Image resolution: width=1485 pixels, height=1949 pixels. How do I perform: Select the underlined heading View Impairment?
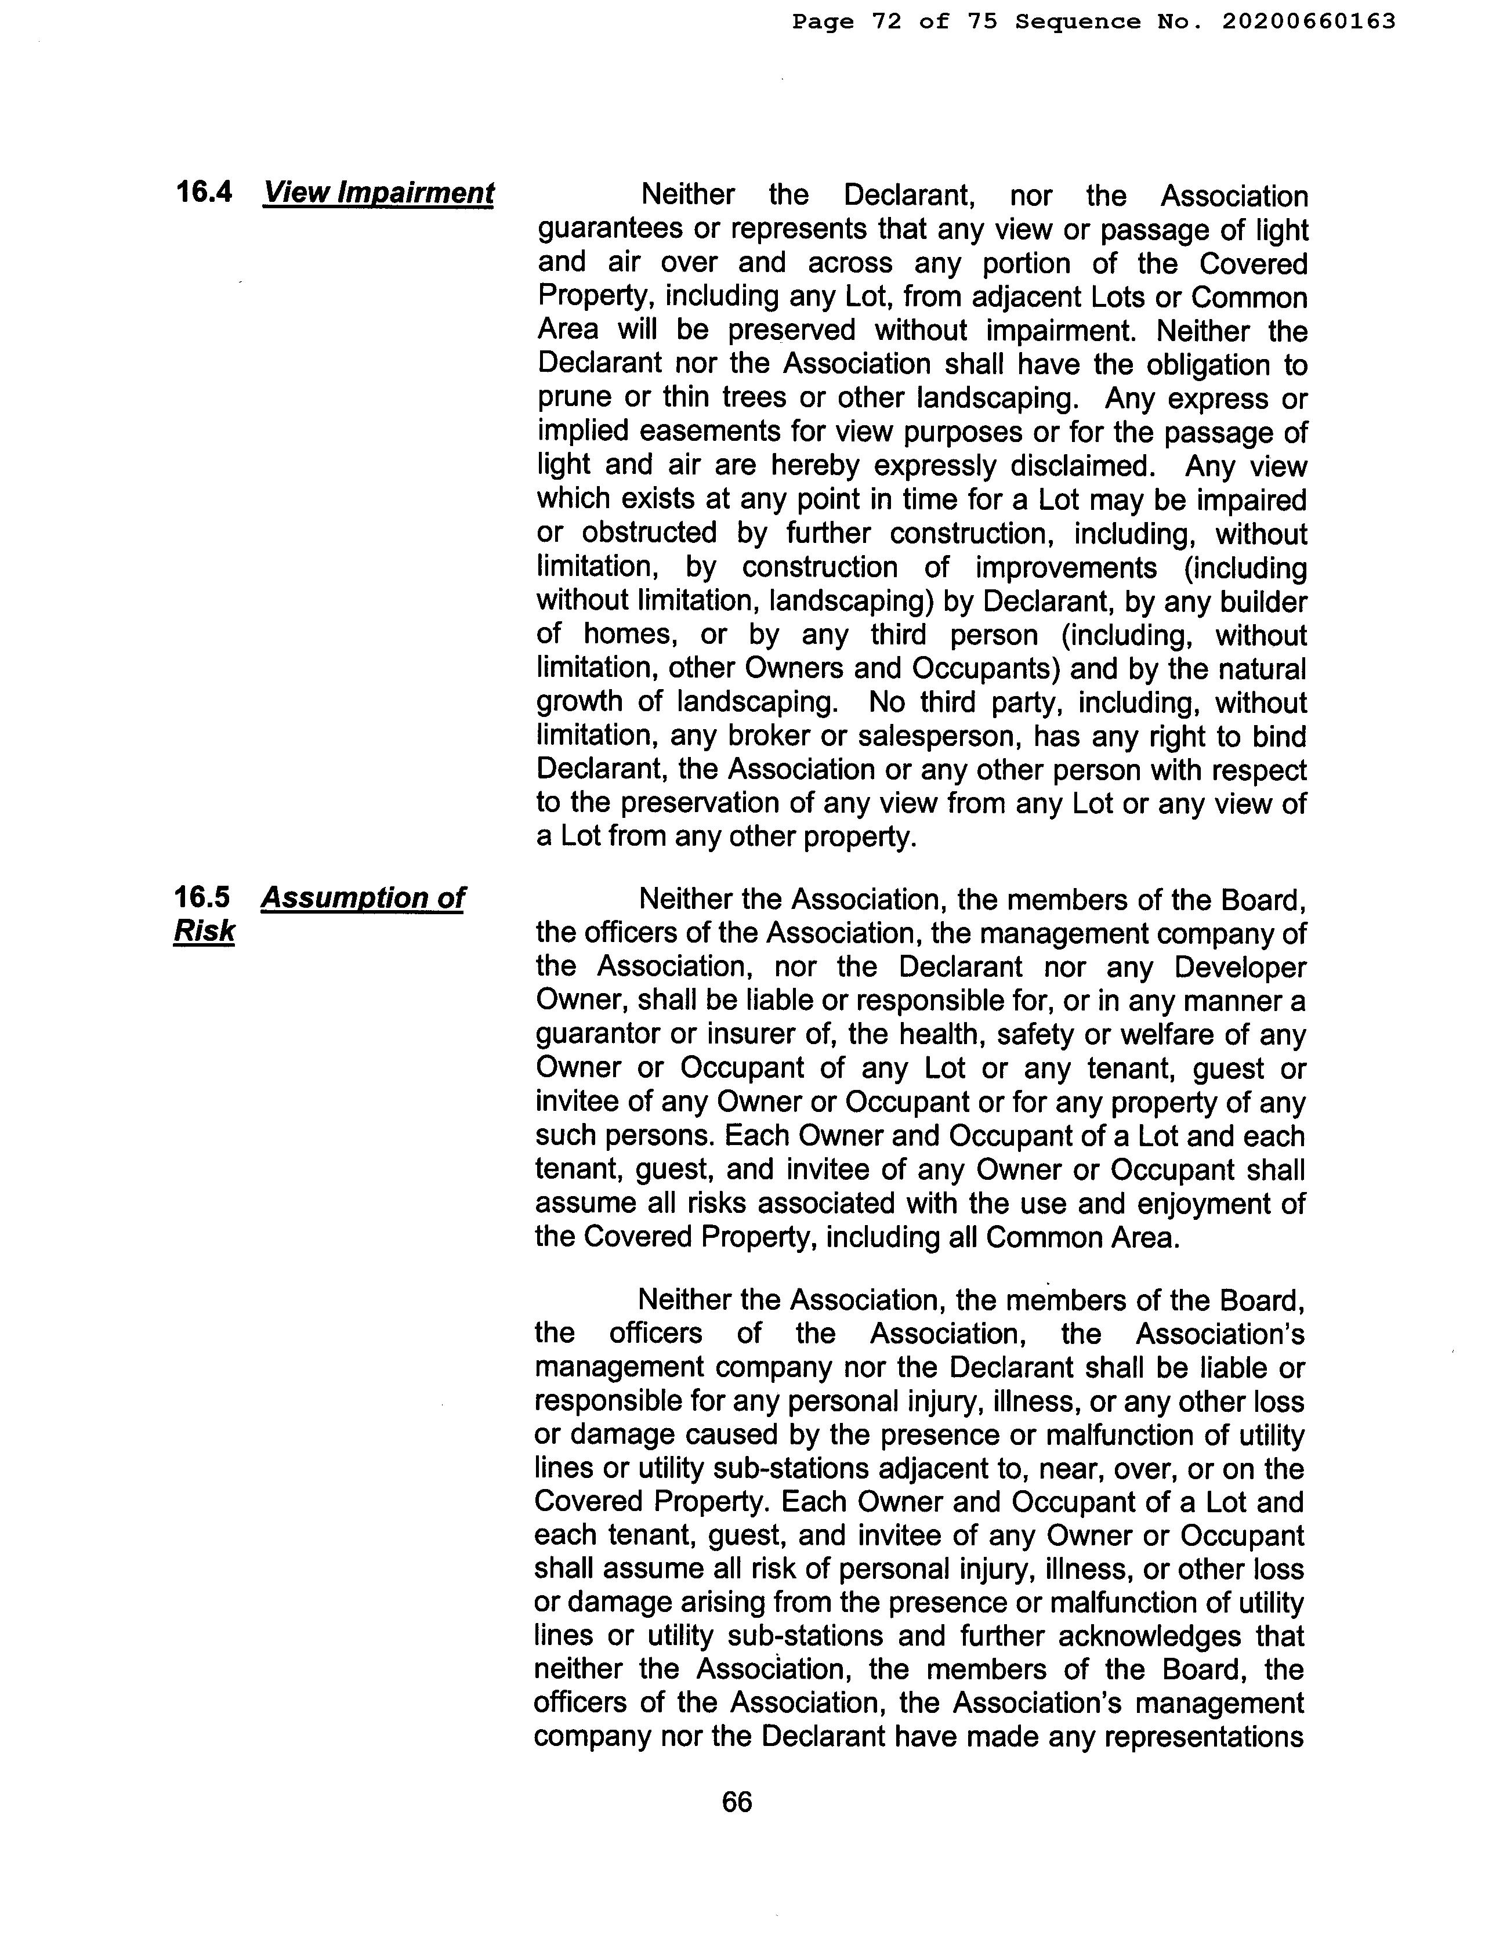(378, 193)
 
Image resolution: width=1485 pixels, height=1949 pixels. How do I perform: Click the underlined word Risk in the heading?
(204, 931)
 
